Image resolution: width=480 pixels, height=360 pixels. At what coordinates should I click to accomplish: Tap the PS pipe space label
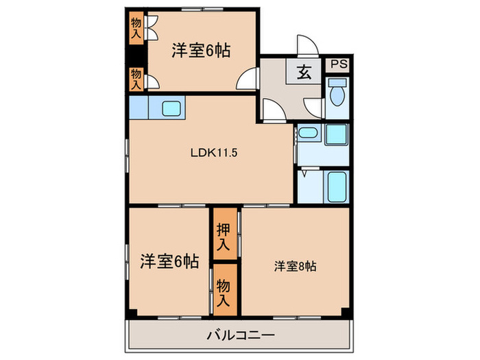(338, 65)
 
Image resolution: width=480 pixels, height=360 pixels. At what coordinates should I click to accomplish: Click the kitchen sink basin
(171, 108)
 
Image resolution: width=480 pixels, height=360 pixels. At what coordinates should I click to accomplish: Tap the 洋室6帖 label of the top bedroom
(200, 49)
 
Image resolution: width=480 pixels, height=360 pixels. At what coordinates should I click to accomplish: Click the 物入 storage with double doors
(136, 28)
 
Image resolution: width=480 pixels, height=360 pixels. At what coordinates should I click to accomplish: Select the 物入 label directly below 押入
(224, 291)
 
